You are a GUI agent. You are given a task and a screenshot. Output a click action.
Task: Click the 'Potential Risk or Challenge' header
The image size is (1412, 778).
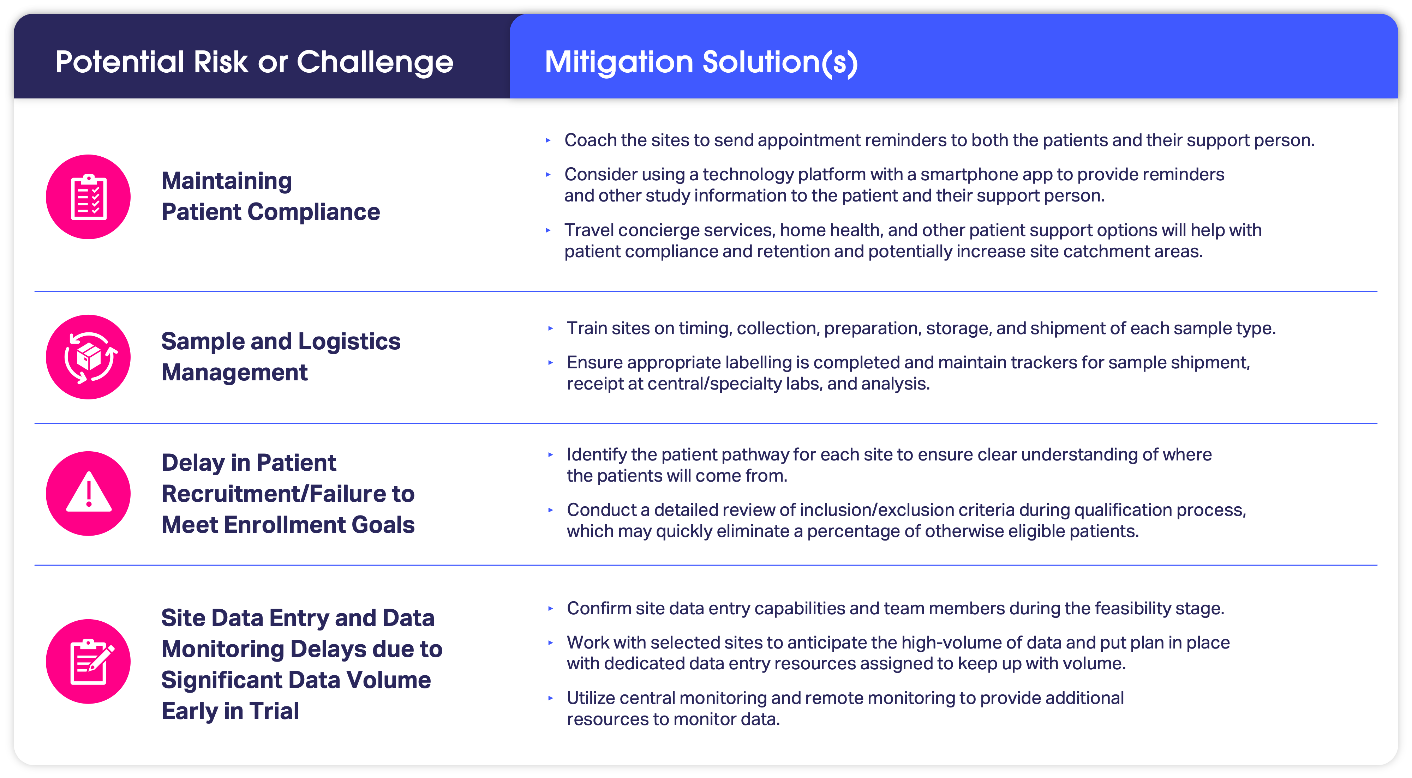click(254, 61)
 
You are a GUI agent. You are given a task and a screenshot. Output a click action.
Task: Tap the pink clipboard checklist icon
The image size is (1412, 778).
click(88, 197)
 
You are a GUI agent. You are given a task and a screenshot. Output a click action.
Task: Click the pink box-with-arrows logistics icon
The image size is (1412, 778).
click(88, 357)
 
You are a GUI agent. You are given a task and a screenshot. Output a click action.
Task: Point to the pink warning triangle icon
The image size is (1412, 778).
click(88, 493)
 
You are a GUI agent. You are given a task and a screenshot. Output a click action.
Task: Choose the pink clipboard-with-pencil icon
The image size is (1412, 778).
click(88, 661)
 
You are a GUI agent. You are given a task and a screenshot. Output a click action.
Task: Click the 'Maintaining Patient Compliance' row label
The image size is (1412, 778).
click(271, 196)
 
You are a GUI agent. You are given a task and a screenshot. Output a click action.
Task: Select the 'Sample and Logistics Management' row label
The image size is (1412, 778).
click(281, 357)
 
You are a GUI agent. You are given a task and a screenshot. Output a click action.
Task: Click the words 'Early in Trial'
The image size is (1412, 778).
click(230, 711)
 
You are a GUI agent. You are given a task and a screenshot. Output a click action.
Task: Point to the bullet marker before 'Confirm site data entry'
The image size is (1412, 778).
click(550, 609)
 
